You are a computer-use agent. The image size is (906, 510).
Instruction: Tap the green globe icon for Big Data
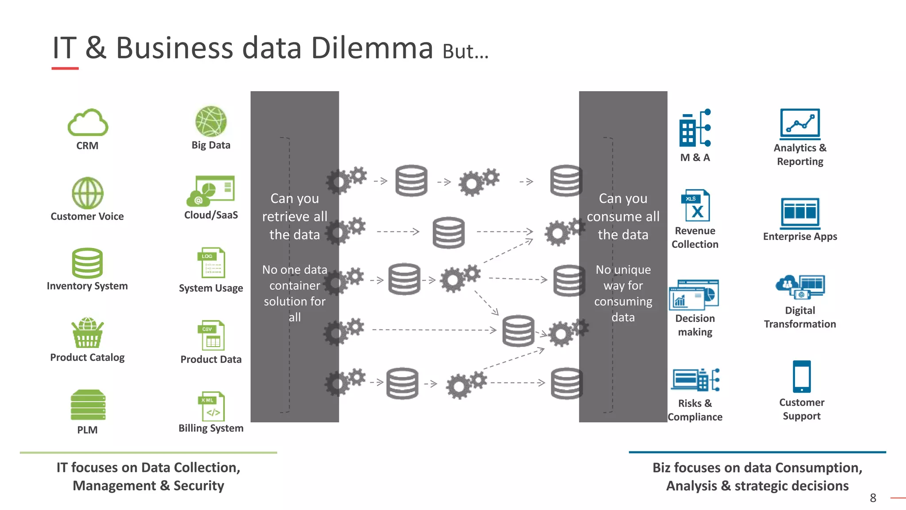pos(211,121)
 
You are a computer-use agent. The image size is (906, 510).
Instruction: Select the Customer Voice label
pos(87,216)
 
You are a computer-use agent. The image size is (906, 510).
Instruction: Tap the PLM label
pos(87,430)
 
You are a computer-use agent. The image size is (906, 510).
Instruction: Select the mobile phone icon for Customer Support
pos(802,376)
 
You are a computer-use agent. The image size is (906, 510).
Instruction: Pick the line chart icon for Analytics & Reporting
pos(800,124)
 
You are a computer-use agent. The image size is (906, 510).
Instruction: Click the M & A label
pos(695,158)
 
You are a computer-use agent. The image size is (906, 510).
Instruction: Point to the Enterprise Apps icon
pos(800,213)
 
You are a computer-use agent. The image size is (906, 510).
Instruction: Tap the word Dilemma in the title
pos(372,48)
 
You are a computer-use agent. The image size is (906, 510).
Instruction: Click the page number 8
pos(873,498)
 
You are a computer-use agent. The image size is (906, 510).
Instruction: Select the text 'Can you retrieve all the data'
pos(295,216)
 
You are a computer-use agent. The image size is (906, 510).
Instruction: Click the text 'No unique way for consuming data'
pos(623,293)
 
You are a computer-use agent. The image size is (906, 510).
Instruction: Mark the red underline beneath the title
pos(65,69)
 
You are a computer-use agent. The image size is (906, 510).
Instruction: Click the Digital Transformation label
pos(800,317)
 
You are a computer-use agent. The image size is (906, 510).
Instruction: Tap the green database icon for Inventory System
pos(87,263)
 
